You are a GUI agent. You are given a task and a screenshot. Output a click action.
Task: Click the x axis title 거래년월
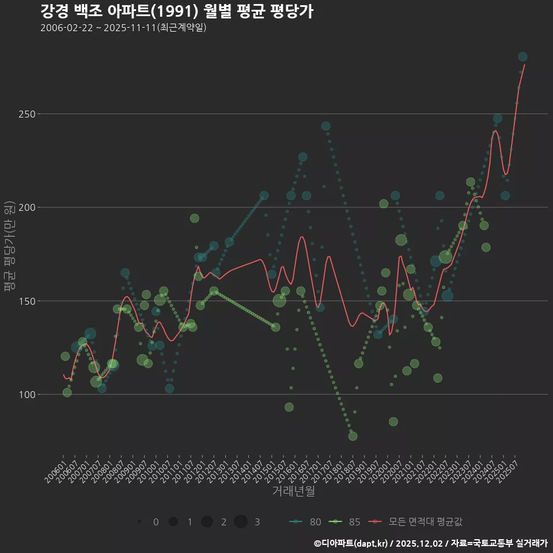[x=293, y=491]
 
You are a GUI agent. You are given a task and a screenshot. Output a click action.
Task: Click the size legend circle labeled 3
[x=241, y=521]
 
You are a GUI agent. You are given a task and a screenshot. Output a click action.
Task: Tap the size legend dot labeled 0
[x=139, y=522]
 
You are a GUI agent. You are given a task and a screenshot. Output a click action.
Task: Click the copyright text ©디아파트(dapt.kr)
[x=351, y=543]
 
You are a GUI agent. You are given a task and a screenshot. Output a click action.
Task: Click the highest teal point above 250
[x=522, y=56]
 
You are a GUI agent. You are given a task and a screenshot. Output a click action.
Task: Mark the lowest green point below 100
[x=353, y=436]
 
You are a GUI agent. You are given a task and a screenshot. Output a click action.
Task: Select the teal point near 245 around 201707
[x=325, y=126]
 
